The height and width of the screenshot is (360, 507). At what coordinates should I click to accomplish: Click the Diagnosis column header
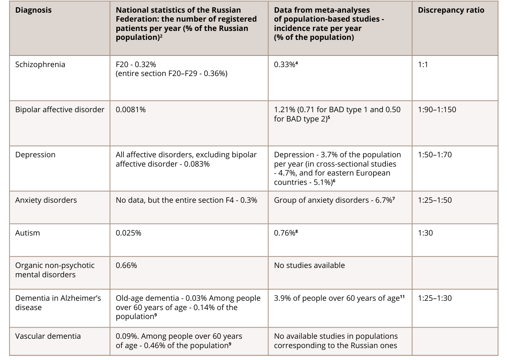tap(33, 10)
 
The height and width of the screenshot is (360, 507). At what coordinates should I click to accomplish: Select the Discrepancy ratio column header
tap(451, 10)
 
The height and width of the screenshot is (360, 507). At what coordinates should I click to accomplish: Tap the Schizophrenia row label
tap(40, 64)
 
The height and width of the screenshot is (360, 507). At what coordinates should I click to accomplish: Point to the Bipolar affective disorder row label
tap(60, 110)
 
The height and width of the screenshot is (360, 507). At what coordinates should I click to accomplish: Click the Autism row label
tap(27, 233)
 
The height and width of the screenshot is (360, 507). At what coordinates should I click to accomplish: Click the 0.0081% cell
tap(130, 110)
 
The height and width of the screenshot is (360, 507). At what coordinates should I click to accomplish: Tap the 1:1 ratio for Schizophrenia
tap(423, 64)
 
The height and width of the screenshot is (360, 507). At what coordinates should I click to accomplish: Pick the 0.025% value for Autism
tap(128, 233)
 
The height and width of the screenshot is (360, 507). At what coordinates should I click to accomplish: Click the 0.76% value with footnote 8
tap(286, 233)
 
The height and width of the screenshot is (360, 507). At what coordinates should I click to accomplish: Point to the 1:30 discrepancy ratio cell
tap(425, 233)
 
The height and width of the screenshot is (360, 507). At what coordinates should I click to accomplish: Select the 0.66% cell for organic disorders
tap(126, 265)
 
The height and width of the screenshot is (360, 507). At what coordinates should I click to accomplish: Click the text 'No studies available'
tap(309, 265)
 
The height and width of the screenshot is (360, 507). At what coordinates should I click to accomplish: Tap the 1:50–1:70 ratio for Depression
tap(435, 155)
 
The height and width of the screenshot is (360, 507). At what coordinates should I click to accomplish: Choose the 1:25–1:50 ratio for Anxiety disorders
tap(435, 200)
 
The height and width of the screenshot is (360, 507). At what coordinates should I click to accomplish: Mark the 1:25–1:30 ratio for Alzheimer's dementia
tap(435, 298)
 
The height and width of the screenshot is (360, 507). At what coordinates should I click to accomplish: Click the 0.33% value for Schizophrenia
tap(286, 64)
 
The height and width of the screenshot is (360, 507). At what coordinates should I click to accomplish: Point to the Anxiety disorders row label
tap(46, 200)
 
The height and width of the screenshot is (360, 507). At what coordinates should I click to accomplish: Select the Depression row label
tap(35, 155)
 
